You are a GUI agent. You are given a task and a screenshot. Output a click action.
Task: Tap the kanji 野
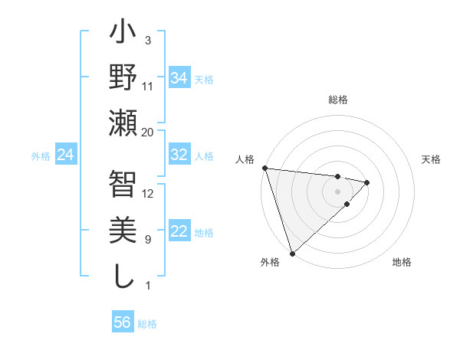pyautogui.click(x=123, y=79)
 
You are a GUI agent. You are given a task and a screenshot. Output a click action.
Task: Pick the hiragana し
pyautogui.click(x=123, y=276)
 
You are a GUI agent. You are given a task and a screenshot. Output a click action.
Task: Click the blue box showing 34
pyautogui.click(x=179, y=77)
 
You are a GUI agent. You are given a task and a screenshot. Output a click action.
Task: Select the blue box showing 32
pyautogui.click(x=179, y=155)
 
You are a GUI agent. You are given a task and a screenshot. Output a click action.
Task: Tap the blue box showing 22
pyautogui.click(x=179, y=232)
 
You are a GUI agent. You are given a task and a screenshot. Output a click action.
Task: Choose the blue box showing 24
pyautogui.click(x=65, y=155)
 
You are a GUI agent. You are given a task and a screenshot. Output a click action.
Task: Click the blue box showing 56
pyautogui.click(x=122, y=322)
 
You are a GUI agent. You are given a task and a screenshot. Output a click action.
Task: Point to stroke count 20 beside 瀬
pyautogui.click(x=148, y=132)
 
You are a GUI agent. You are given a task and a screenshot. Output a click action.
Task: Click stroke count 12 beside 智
pyautogui.click(x=148, y=193)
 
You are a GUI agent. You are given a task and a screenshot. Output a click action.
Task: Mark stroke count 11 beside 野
pyautogui.click(x=148, y=86)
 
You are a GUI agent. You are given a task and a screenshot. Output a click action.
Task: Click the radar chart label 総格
pyautogui.click(x=338, y=100)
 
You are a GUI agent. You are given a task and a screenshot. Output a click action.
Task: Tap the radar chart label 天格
pyautogui.click(x=432, y=159)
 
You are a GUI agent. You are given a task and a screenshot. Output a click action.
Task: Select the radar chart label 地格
pyautogui.click(x=402, y=263)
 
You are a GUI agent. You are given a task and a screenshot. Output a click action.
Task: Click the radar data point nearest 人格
pyautogui.click(x=264, y=168)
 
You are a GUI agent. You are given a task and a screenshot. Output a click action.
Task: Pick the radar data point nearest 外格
pyautogui.click(x=293, y=252)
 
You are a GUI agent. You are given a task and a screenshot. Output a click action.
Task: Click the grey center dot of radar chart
pyautogui.click(x=337, y=190)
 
